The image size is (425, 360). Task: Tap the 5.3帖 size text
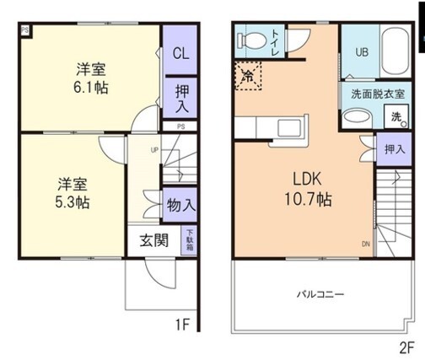73,203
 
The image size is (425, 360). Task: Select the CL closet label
180,52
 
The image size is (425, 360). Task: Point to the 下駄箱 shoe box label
190,240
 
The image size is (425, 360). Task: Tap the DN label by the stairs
365,244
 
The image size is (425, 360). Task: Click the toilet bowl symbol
251,40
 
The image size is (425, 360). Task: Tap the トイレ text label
276,40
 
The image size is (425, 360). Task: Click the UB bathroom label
361,51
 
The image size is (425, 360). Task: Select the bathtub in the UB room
394,51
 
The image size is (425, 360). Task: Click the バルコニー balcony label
319,295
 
